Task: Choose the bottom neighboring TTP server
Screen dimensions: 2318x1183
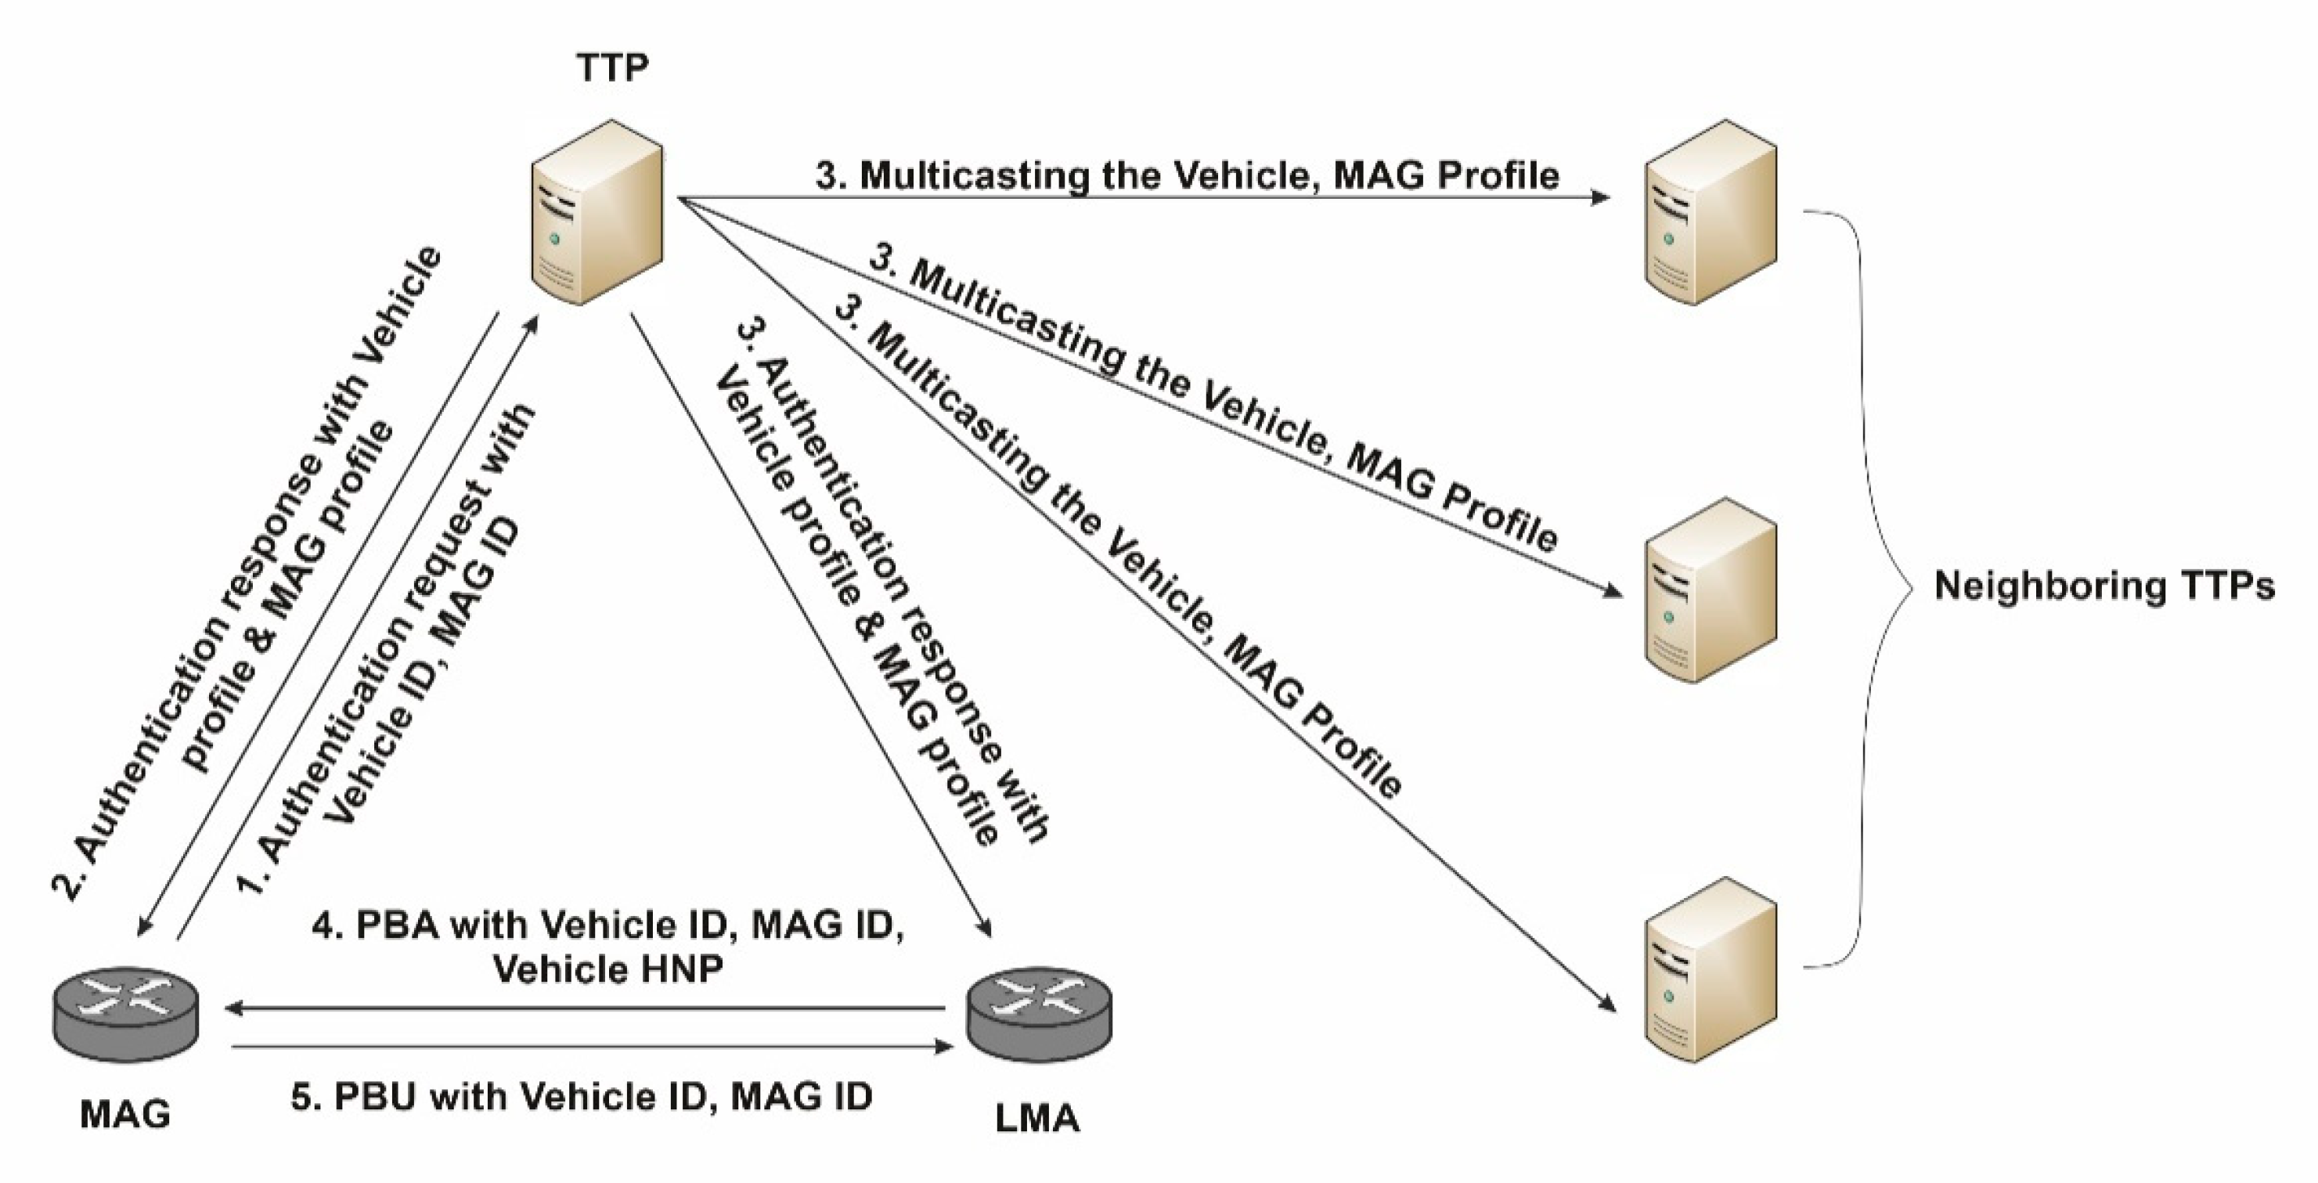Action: click(1711, 972)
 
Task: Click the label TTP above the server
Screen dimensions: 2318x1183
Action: click(613, 67)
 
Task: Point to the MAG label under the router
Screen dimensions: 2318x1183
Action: click(125, 1116)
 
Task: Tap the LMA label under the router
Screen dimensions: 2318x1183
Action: click(1037, 1118)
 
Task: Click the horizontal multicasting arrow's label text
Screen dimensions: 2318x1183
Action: click(1187, 175)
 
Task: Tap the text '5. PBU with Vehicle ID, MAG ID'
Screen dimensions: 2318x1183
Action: click(582, 1097)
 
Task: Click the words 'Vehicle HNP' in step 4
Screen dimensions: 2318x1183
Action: click(609, 969)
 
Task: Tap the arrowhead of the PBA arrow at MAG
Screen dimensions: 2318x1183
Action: click(236, 1009)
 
